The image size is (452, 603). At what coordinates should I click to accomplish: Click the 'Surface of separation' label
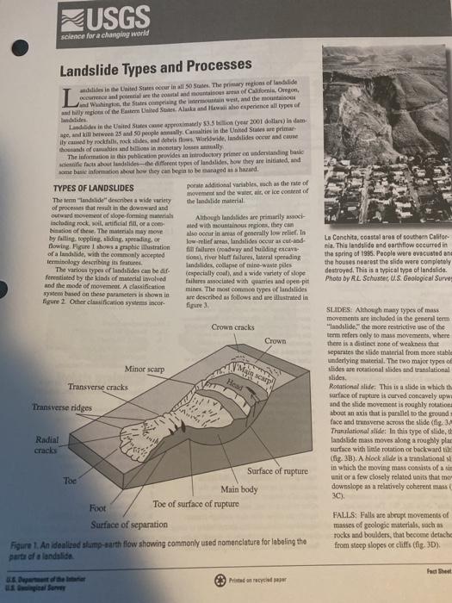(x=133, y=526)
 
